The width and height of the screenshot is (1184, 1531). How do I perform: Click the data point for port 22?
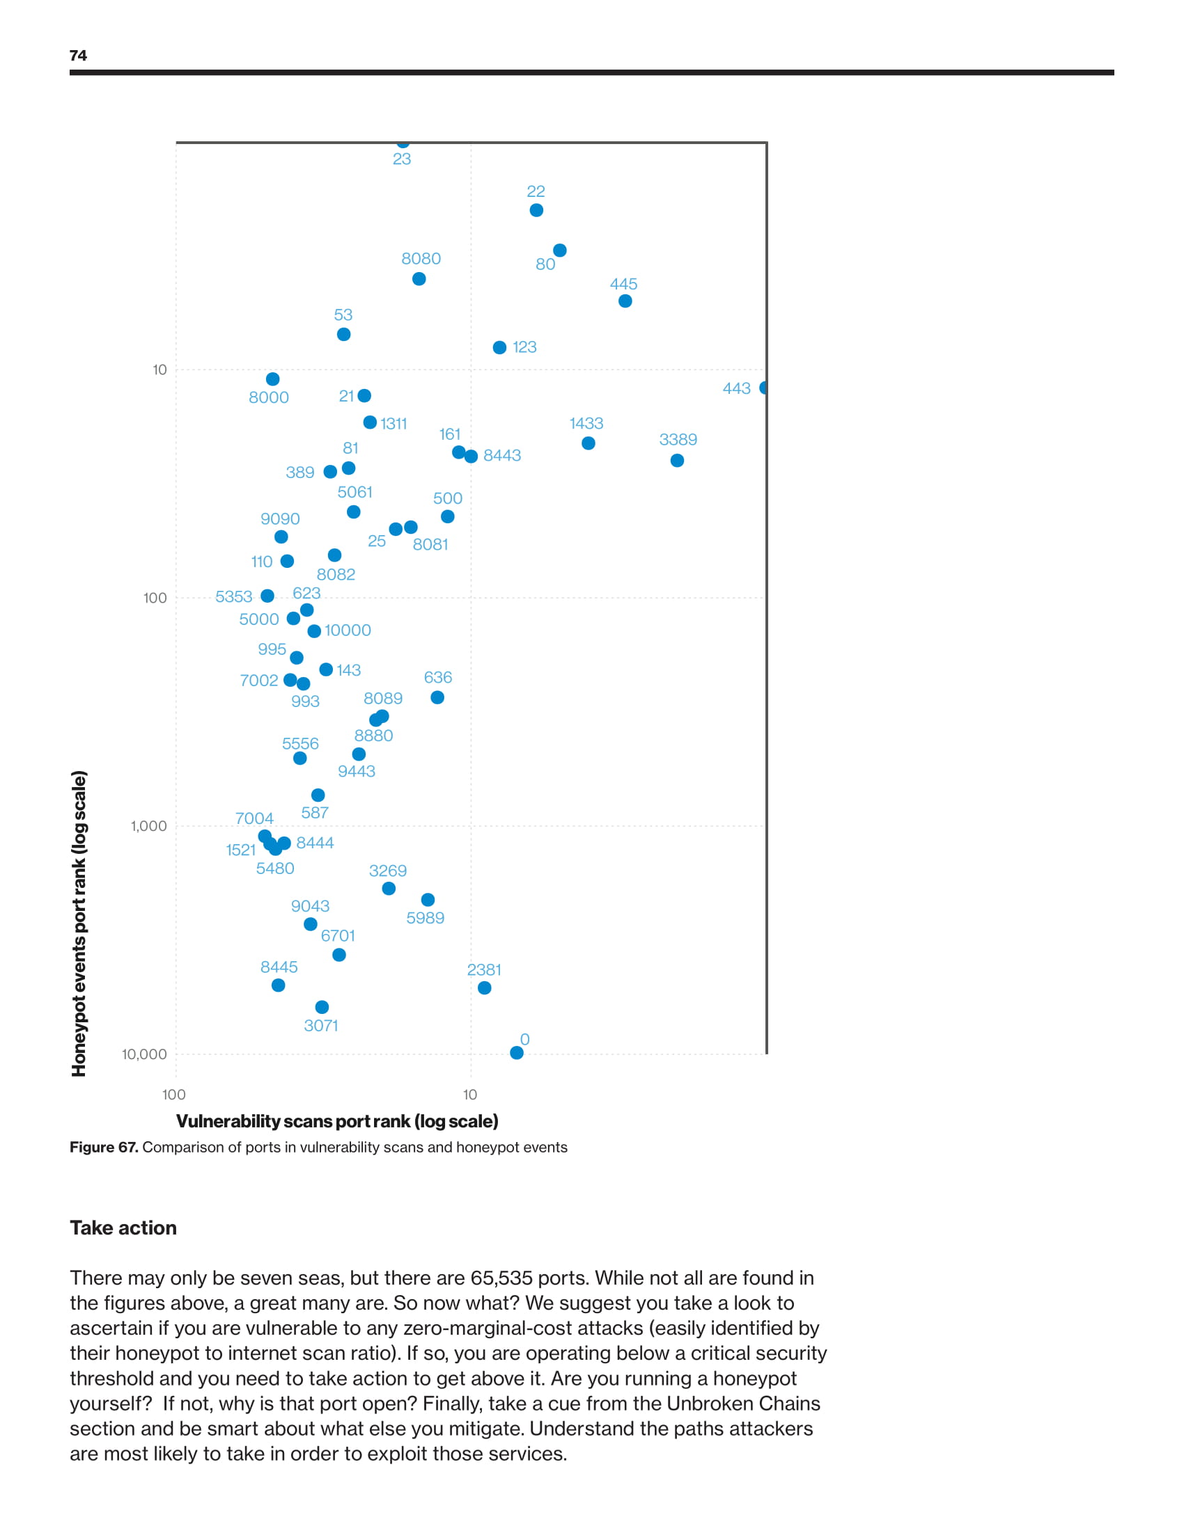(536, 210)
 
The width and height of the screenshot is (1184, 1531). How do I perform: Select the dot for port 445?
(625, 301)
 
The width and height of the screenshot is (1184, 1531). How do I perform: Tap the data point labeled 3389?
(677, 461)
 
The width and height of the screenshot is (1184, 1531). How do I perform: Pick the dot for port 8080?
(419, 279)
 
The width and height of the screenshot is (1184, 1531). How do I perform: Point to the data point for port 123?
(499, 348)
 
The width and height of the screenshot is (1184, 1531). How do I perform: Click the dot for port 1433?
(589, 443)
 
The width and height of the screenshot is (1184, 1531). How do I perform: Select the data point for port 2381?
(484, 987)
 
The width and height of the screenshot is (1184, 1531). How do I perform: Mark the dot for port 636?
(437, 697)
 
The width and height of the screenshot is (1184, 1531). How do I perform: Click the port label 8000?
(269, 397)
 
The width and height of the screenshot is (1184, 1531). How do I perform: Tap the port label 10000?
(348, 630)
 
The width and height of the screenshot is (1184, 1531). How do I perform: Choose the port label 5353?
(233, 596)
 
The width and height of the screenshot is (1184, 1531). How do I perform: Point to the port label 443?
(736, 388)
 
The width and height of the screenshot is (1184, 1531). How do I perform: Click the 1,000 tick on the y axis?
(149, 826)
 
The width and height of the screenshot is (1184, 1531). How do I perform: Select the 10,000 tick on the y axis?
(144, 1054)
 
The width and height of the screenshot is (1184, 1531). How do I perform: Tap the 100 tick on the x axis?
(174, 1095)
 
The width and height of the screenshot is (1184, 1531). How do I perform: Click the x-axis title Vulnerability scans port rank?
(336, 1122)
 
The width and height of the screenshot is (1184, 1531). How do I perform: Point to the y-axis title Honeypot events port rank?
(79, 923)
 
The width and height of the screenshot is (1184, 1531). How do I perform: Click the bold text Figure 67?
(104, 1148)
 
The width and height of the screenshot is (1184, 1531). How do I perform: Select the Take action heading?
(123, 1228)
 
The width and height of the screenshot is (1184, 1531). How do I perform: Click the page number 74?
(79, 56)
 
